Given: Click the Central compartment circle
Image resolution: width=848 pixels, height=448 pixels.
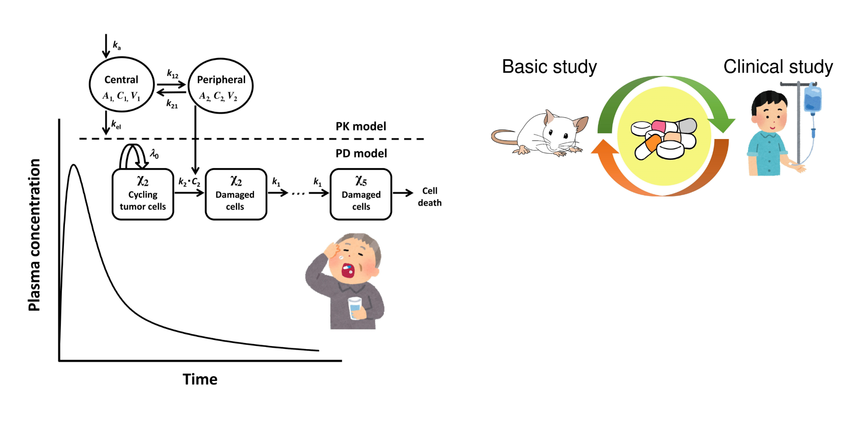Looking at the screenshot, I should coord(121,85).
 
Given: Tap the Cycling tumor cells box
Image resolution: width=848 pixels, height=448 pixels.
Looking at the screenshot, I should coord(143,194).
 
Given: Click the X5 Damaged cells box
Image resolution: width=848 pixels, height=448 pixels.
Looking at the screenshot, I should coord(361,194).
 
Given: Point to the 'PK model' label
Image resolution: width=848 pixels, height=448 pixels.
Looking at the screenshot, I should coord(360,127).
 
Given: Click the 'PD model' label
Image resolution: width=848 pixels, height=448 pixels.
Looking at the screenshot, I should coord(361,154).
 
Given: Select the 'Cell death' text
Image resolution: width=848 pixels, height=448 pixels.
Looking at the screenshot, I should coord(429,197).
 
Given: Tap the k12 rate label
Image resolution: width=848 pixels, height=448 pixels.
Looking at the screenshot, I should coord(172,74).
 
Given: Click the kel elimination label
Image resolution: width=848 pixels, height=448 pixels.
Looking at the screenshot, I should coord(116,125).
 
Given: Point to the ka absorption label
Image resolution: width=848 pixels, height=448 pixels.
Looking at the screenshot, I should coord(117,45).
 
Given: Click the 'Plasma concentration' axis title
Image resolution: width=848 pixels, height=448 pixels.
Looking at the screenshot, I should coord(34,235).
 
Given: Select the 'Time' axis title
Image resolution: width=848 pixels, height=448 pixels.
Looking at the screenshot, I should coord(200,380).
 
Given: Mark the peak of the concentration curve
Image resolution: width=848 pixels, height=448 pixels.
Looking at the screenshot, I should coord(74,165).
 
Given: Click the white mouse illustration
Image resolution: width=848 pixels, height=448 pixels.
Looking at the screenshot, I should coord(543,132).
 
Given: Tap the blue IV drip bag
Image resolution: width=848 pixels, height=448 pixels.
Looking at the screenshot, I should coord(812,99).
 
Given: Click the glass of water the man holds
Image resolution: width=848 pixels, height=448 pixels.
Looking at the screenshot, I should coord(355,308).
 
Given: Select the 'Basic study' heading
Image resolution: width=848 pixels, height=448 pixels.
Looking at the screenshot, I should coord(549,67).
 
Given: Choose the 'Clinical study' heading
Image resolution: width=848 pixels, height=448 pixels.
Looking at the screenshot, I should coord(778,67).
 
